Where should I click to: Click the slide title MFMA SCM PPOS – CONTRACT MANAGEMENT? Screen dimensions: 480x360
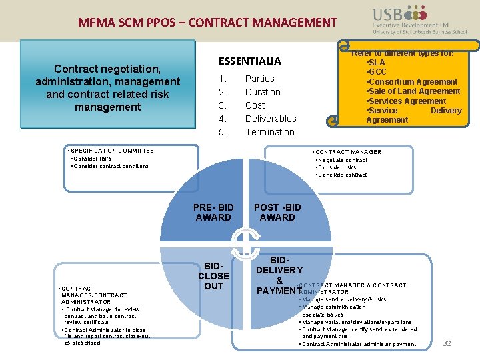[x=208, y=23]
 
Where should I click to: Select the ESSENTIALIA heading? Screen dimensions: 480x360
[x=250, y=61]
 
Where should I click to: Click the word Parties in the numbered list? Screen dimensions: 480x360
[x=260, y=79]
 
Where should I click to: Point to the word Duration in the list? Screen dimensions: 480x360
[x=263, y=92]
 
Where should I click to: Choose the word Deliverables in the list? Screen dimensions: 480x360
[x=271, y=119]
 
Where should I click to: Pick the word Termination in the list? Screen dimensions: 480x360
[x=269, y=132]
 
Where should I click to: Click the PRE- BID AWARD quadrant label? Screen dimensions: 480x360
[x=213, y=212]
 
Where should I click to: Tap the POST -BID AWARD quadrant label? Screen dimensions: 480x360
[x=277, y=212]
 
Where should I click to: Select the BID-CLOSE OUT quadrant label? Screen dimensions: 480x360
[x=213, y=275]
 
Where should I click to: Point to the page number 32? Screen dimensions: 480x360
[x=447, y=343]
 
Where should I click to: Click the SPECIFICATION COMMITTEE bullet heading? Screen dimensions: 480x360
[x=112, y=151]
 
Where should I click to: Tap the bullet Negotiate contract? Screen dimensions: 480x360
[x=343, y=160]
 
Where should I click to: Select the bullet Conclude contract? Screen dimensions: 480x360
[x=343, y=175]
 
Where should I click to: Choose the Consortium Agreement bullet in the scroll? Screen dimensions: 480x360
[x=411, y=82]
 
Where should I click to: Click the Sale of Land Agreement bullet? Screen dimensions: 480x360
[x=413, y=91]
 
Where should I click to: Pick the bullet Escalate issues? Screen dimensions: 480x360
[x=323, y=315]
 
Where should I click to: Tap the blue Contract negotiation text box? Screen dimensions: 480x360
[x=107, y=87]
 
